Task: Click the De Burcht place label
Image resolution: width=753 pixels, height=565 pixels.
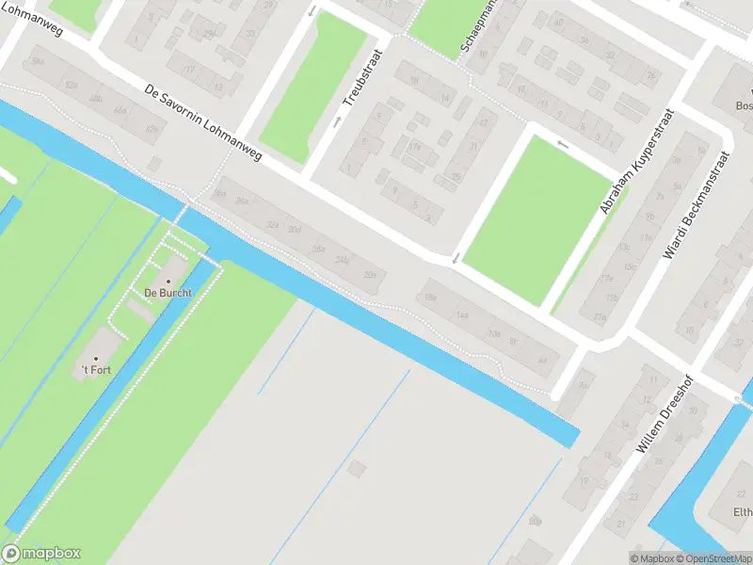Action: pos(168,293)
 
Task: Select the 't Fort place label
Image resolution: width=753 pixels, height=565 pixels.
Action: pos(96,370)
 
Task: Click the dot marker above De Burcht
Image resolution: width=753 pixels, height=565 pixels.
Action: pos(169,281)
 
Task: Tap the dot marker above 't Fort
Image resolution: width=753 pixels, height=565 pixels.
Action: pos(95,358)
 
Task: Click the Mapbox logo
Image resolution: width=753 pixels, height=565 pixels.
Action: pos(41,554)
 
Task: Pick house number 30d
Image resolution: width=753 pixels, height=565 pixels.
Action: pos(295,230)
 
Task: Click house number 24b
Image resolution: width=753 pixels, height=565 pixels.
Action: pos(342,260)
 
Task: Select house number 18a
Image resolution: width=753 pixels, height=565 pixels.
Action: pos(430,298)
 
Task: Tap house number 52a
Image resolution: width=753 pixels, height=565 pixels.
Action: pos(72,85)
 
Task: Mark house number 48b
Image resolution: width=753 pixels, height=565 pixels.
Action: pos(95,98)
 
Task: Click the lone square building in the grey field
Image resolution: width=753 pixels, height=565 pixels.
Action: pos(357,468)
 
